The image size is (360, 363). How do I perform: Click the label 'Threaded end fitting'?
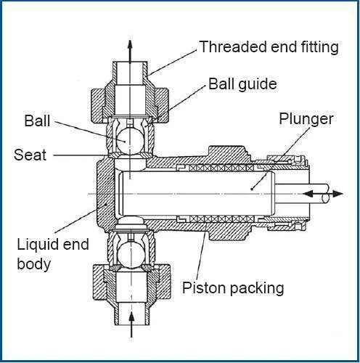(x=269, y=46)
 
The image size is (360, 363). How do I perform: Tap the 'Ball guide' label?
(x=242, y=84)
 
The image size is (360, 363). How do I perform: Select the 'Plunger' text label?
(x=306, y=118)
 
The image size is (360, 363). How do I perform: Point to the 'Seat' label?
(x=30, y=155)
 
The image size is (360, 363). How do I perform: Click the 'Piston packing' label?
(x=233, y=287)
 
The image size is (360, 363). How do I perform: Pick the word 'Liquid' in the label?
(x=38, y=245)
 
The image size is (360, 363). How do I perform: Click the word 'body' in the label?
(x=34, y=264)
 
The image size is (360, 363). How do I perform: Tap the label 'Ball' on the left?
(x=37, y=121)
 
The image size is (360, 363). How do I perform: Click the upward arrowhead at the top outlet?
(x=130, y=45)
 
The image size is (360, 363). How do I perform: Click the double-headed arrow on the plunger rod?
(x=323, y=194)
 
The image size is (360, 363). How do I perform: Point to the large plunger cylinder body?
(x=196, y=193)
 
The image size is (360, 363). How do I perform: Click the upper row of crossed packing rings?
(x=221, y=168)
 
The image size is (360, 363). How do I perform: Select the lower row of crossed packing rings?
(x=222, y=219)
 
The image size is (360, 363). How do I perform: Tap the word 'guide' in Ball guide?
(x=258, y=84)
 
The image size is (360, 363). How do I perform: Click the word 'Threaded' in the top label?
(x=233, y=46)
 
